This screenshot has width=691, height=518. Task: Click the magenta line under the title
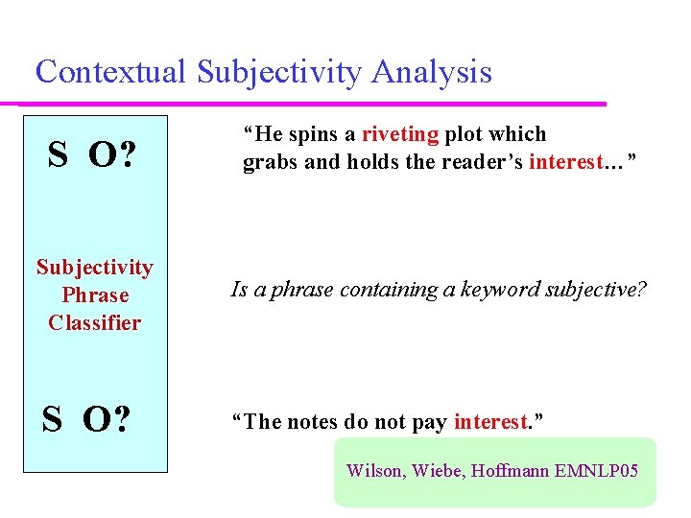point(307,103)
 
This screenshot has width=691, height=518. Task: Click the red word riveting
point(400,134)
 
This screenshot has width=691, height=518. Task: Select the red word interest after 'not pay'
point(490,422)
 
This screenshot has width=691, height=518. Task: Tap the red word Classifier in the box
point(94,323)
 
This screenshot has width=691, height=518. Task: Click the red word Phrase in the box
point(94,295)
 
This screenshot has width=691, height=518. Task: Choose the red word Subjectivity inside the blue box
point(94,268)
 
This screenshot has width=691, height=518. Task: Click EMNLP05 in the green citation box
point(602,471)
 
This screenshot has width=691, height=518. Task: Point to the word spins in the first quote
point(307,134)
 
